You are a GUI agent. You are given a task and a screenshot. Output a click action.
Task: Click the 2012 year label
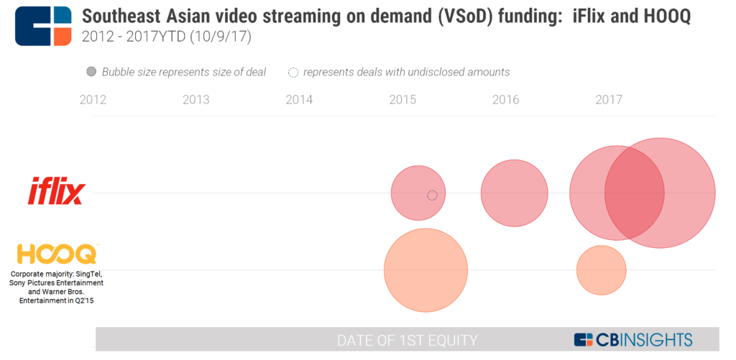[93, 100]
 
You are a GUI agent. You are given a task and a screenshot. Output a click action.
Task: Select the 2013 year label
[196, 100]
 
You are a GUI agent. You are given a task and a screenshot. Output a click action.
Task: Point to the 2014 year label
[299, 100]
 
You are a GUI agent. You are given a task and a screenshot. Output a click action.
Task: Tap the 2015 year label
[402, 100]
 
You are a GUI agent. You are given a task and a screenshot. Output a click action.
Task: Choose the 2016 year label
[506, 100]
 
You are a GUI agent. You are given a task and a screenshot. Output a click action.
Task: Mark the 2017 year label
[609, 100]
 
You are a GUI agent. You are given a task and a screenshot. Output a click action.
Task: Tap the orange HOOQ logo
[56, 254]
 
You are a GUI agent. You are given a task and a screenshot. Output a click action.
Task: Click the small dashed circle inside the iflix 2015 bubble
[432, 195]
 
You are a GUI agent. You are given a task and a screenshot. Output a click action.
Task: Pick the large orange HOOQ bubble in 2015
[425, 270]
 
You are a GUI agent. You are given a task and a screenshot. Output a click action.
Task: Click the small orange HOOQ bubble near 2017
[601, 270]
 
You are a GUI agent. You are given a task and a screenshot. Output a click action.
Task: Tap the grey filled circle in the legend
[91, 72]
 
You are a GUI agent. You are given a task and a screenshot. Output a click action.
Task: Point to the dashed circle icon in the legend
[293, 72]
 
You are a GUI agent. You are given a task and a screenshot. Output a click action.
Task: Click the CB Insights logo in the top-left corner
[43, 27]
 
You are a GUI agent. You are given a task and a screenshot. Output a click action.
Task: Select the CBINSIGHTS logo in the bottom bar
[632, 340]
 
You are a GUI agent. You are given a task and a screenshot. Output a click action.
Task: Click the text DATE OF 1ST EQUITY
[407, 340]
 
